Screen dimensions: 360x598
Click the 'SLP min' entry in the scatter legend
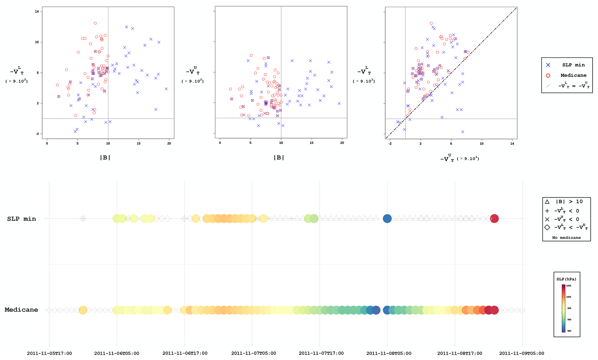tap(573, 65)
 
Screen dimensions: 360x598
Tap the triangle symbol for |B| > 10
tap(547, 202)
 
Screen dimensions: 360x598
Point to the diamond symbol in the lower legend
tap(547, 228)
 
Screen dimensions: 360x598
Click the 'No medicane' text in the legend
tap(566, 238)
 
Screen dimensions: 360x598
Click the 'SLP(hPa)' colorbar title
tap(566, 279)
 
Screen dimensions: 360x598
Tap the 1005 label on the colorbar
tap(568, 286)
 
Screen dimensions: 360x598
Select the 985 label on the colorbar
tap(568, 331)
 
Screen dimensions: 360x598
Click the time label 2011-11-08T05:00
tap(389, 353)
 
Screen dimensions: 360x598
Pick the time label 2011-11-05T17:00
tap(49, 353)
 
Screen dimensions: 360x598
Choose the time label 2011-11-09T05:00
tap(521, 353)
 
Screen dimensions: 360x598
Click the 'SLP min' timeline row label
tap(22, 219)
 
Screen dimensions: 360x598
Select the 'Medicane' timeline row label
tap(21, 310)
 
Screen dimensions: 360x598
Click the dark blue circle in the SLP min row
tap(387, 219)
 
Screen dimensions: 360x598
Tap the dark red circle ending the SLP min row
tap(494, 219)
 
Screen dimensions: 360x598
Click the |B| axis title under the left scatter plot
tap(105, 158)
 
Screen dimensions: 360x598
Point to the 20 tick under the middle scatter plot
tap(342, 143)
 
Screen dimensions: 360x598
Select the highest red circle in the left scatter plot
tap(95, 23)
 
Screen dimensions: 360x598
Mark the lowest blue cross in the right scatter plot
tap(463, 132)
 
